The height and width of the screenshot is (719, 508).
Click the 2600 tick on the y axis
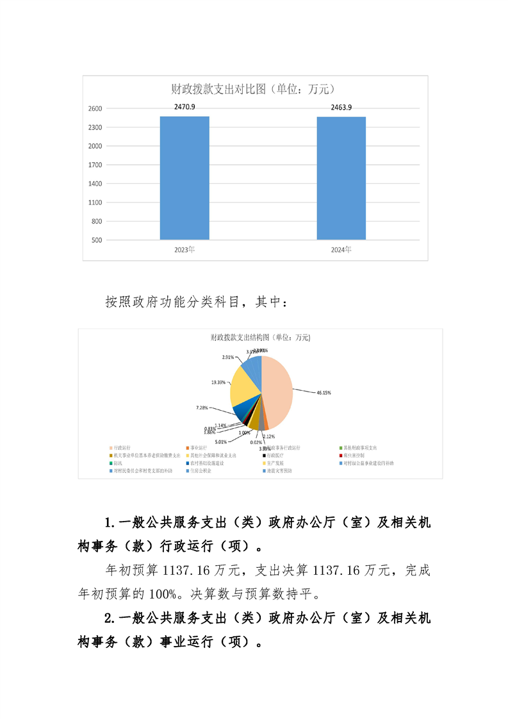pyautogui.click(x=95, y=109)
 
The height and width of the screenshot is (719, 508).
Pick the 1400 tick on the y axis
pyautogui.click(x=95, y=184)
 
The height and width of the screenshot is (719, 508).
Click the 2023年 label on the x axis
pyautogui.click(x=184, y=249)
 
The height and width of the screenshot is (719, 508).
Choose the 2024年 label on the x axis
pyautogui.click(x=341, y=249)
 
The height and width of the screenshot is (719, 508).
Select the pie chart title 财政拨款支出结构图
pyautogui.click(x=260, y=337)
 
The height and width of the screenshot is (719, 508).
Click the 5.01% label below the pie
pyautogui.click(x=222, y=442)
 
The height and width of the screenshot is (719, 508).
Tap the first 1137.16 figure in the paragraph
pyautogui.click(x=186, y=569)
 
